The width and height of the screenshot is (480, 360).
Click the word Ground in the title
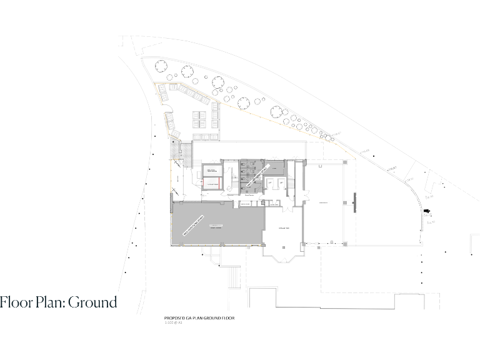click(x=92, y=303)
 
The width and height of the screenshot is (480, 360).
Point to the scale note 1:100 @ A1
click(x=176, y=323)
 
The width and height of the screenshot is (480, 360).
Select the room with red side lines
click(x=211, y=183)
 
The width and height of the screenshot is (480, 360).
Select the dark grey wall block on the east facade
click(x=355, y=202)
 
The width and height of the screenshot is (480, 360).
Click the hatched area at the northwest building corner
click(x=173, y=150)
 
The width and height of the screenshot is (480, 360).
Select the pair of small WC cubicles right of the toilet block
click(x=275, y=183)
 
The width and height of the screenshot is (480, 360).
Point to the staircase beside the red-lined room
click(x=230, y=181)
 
